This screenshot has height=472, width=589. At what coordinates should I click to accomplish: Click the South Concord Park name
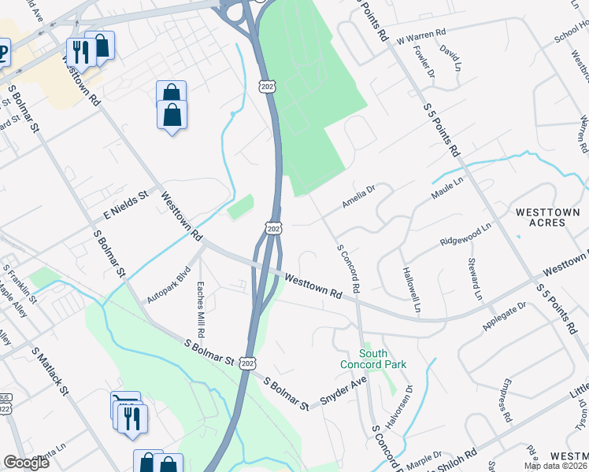pos(374,359)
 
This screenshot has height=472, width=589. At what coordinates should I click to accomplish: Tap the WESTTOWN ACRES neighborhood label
pos(540,218)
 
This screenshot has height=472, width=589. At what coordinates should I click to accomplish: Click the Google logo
pos(28,463)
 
